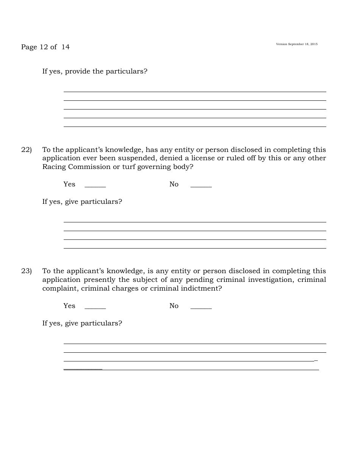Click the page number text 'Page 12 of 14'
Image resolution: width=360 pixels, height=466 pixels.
pyautogui.click(x=45, y=47)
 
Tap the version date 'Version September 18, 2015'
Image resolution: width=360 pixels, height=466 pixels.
pyautogui.click(x=297, y=44)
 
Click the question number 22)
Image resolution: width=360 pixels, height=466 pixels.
pyautogui.click(x=26, y=150)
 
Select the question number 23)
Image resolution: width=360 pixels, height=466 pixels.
pyautogui.click(x=26, y=271)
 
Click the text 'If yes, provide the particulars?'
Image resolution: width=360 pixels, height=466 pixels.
pyautogui.click(x=95, y=71)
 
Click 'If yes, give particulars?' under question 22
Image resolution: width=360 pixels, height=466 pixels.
pyautogui.click(x=82, y=202)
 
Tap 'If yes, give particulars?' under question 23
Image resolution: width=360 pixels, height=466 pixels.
pyautogui.click(x=82, y=323)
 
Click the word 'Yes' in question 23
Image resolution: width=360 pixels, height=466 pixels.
pyautogui.click(x=69, y=306)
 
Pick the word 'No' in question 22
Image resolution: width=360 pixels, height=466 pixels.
pyautogui.click(x=174, y=184)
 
